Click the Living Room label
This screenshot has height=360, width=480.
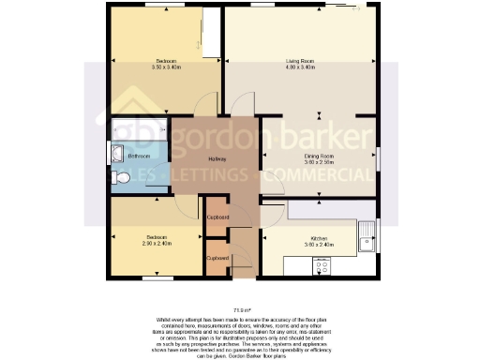tap(300, 61)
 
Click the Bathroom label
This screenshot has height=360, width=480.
tap(140, 156)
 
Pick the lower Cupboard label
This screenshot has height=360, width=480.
tap(217, 257)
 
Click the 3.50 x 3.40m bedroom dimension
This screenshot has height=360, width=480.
tap(165, 67)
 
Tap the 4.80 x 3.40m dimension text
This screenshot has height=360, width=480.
tap(300, 67)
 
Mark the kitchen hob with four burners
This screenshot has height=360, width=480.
tap(324, 264)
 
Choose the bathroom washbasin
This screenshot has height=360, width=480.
tap(116, 154)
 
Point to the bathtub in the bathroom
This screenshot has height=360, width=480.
tap(140, 128)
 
